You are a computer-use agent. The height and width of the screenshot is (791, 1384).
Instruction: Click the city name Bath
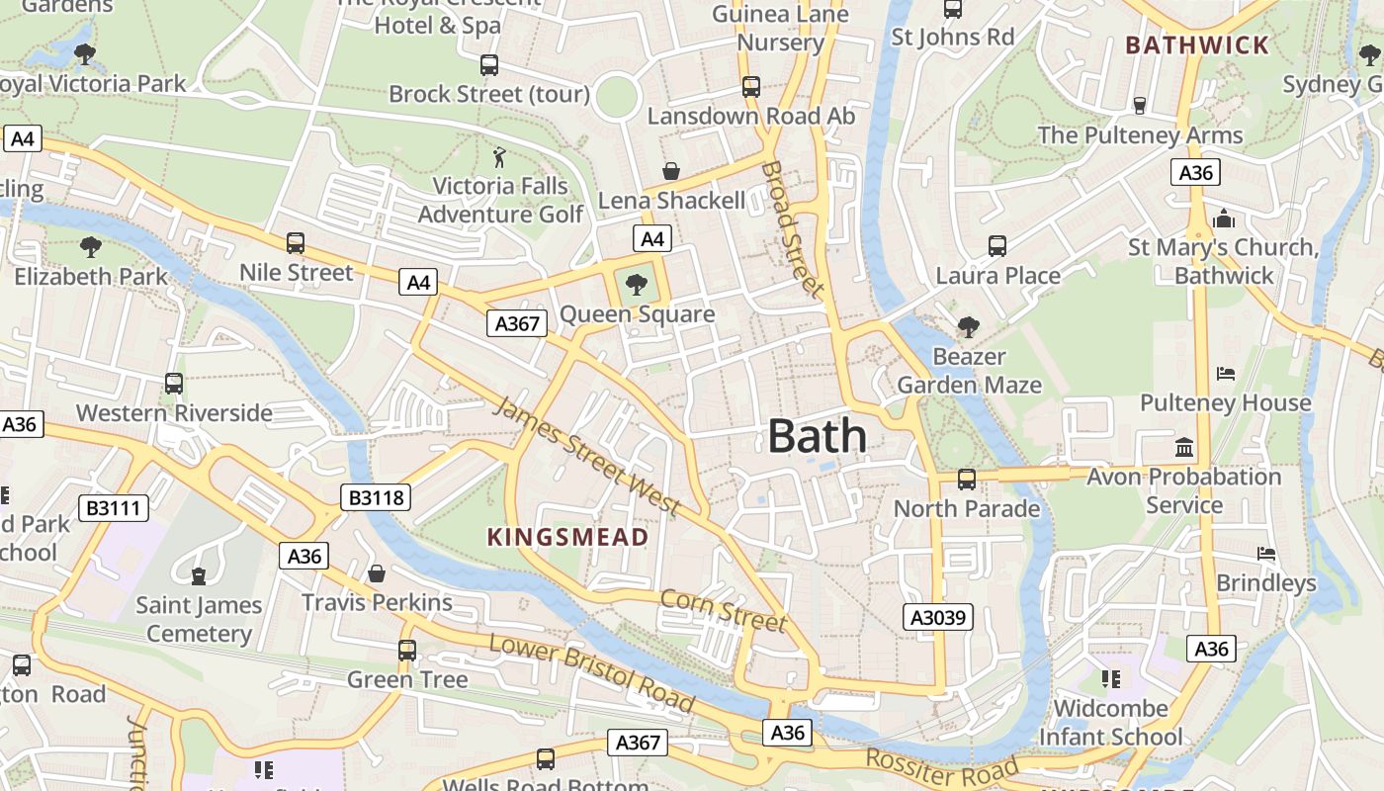pyautogui.click(x=817, y=436)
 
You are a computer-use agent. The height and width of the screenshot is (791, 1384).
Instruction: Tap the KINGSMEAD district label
pyautogui.click(x=568, y=537)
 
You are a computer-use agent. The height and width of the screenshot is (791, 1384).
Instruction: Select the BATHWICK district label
pyautogui.click(x=1196, y=44)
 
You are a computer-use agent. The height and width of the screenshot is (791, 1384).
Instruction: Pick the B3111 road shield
pyautogui.click(x=115, y=508)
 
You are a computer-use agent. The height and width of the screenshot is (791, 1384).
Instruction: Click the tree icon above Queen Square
pyautogui.click(x=637, y=285)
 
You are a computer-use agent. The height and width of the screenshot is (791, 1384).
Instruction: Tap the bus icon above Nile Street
pyautogui.click(x=295, y=242)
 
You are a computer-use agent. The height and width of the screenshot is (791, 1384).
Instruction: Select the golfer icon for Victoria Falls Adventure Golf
pyautogui.click(x=499, y=157)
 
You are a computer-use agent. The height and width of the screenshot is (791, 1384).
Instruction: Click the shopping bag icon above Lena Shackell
pyautogui.click(x=671, y=171)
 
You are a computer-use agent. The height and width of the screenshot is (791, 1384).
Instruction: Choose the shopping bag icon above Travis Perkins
pyautogui.click(x=376, y=573)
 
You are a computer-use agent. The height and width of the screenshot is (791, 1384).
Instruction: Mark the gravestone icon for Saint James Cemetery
pyautogui.click(x=199, y=575)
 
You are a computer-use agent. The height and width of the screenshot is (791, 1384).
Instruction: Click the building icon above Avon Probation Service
pyautogui.click(x=1183, y=448)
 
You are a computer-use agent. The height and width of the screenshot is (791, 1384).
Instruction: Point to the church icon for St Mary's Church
pyautogui.click(x=1224, y=219)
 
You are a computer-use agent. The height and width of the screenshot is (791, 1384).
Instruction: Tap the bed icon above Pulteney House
pyautogui.click(x=1226, y=374)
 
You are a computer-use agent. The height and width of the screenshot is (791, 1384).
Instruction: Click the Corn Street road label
pyautogui.click(x=723, y=609)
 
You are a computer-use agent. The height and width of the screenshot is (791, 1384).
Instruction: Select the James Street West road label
pyautogui.click(x=587, y=457)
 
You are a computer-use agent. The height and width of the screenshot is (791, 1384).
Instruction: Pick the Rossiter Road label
pyautogui.click(x=941, y=766)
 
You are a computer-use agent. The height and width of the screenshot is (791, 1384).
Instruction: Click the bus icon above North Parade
pyautogui.click(x=966, y=480)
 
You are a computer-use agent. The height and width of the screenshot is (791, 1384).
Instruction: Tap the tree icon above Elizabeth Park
pyautogui.click(x=91, y=246)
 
